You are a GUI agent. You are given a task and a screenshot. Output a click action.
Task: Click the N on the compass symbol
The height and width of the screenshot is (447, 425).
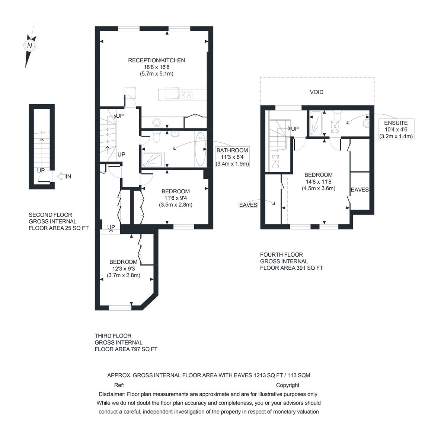click(29, 46)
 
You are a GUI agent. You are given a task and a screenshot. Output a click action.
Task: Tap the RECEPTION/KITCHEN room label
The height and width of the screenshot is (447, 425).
click(156, 60)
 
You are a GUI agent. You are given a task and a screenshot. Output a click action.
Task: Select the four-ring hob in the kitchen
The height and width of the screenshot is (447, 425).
click(186, 95)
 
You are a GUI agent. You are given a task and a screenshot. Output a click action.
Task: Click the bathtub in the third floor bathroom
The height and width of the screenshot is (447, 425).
click(200, 149)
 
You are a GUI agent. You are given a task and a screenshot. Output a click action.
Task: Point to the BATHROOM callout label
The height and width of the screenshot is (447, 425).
click(232, 150)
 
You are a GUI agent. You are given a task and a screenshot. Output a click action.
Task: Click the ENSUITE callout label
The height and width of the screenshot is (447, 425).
click(396, 123)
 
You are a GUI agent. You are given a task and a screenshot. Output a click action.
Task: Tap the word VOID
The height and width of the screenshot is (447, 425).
click(316, 92)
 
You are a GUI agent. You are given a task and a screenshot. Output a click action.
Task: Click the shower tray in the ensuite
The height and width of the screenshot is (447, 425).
click(316, 123)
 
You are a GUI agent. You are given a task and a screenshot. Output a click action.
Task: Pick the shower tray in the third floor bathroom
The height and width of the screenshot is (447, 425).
click(152, 160)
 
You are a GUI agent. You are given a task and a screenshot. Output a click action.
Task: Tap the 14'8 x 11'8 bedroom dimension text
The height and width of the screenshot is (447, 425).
click(318, 182)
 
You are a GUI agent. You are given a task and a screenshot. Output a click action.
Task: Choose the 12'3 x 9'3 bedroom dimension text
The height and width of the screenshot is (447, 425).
click(123, 269)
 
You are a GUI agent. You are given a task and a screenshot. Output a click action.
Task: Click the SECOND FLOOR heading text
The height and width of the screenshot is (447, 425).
click(50, 215)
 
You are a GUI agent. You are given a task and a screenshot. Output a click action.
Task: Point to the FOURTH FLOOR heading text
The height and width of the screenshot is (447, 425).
click(281, 255)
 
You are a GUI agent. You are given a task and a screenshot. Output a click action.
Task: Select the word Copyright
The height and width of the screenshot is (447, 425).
click(287, 385)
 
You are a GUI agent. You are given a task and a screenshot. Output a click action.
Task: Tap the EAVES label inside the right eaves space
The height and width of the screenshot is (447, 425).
click(360, 190)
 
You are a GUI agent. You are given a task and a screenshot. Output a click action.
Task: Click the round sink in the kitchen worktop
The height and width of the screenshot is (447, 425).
click(157, 123)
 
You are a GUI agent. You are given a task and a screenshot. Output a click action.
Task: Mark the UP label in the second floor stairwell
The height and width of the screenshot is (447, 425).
click(41, 170)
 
